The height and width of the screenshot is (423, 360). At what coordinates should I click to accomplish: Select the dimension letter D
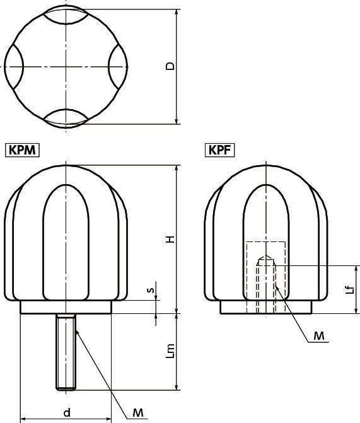(x=170, y=66)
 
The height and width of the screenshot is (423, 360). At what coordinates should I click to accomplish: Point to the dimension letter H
(x=170, y=239)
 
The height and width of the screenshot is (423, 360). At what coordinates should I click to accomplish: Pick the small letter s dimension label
(x=149, y=291)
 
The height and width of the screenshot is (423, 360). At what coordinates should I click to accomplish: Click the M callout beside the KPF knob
(x=320, y=337)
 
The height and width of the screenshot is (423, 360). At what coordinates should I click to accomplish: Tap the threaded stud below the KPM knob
(x=66, y=353)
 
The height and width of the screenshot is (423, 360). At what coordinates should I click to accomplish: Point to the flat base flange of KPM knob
(x=66, y=307)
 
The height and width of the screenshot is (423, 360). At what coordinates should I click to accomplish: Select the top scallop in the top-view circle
(x=66, y=16)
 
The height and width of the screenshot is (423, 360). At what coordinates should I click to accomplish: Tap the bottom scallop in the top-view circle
(x=66, y=116)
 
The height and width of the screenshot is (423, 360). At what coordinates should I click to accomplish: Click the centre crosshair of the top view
(x=66, y=66)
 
